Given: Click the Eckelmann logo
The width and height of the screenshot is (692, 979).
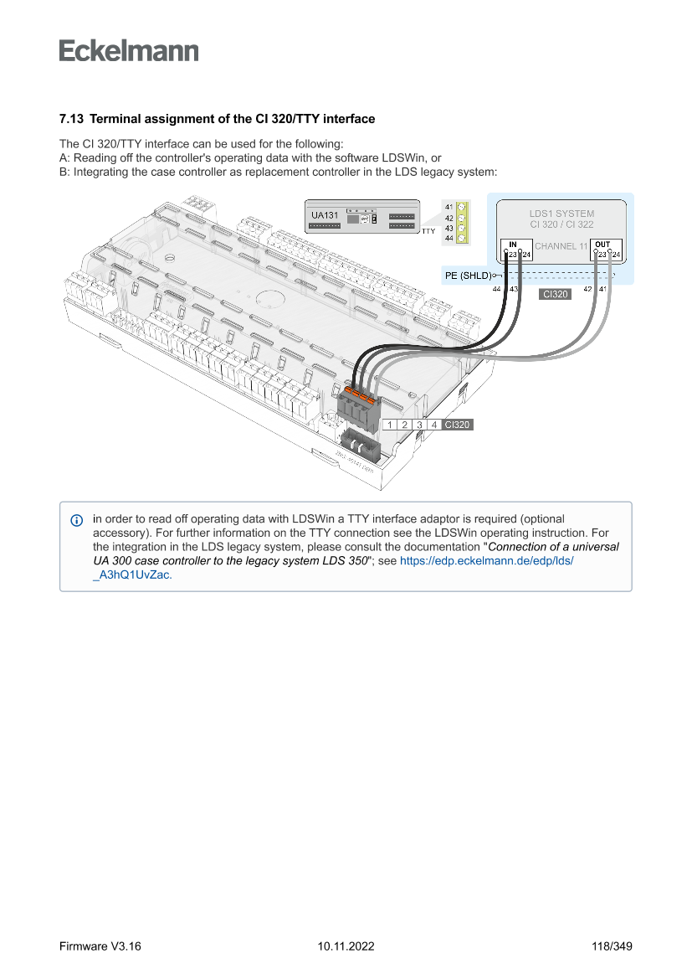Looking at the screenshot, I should pyautogui.click(x=129, y=51).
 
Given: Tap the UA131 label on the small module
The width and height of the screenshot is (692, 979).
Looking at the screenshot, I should pyautogui.click(x=325, y=216).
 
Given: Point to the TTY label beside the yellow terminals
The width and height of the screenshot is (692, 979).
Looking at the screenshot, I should pyautogui.click(x=428, y=230).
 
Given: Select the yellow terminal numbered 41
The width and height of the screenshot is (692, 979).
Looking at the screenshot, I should pyautogui.click(x=460, y=206).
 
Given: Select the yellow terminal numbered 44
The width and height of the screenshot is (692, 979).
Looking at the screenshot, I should pyautogui.click(x=460, y=239).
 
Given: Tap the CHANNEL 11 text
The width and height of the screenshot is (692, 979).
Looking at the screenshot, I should pyautogui.click(x=561, y=246).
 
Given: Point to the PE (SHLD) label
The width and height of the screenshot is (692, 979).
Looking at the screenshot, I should pyautogui.click(x=468, y=275).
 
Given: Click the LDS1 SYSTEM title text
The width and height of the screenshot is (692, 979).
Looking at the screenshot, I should pyautogui.click(x=561, y=214).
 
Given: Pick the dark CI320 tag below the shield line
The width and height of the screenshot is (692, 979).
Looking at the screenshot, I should pyautogui.click(x=556, y=294).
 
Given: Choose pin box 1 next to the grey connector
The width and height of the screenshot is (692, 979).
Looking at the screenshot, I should pyautogui.click(x=390, y=425).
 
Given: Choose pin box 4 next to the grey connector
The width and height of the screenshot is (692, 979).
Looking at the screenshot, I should pyautogui.click(x=433, y=425).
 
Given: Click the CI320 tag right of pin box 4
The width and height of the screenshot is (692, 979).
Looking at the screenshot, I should pyautogui.click(x=458, y=425).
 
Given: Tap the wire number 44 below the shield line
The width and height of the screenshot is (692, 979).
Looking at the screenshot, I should pyautogui.click(x=497, y=289).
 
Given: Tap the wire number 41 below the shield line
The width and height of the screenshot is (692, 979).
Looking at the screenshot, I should pyautogui.click(x=602, y=289).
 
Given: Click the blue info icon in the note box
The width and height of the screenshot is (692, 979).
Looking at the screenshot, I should pyautogui.click(x=77, y=520).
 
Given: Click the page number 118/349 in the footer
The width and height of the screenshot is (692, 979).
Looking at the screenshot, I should pyautogui.click(x=612, y=946).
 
